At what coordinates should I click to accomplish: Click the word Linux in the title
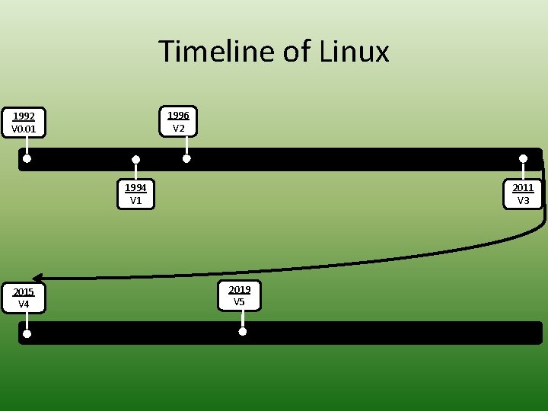click(354, 52)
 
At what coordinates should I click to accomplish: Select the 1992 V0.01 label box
click(24, 123)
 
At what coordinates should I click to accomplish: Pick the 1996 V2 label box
click(178, 121)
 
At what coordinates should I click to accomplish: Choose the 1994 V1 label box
click(135, 193)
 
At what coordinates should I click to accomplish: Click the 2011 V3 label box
click(523, 193)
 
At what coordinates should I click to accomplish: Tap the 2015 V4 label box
click(24, 298)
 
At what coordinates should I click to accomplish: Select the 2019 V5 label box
click(239, 295)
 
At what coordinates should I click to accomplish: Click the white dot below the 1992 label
click(27, 159)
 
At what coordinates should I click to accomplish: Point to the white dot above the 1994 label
click(135, 160)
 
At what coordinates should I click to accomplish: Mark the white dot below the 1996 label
click(186, 159)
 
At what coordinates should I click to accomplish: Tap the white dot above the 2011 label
click(523, 158)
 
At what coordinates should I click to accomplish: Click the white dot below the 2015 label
click(27, 333)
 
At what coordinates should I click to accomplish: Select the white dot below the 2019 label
click(243, 332)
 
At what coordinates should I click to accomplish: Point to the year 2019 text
click(239, 289)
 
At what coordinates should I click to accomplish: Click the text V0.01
click(24, 129)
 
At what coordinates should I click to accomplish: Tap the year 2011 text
click(523, 187)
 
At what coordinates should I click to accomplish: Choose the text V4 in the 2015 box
click(24, 304)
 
